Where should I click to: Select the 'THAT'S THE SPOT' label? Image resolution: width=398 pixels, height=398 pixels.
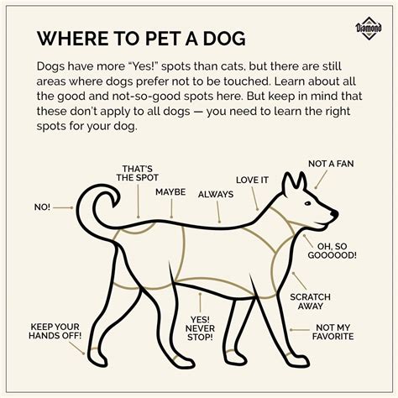tap(136, 172)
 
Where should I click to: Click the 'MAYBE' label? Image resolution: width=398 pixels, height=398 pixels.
tap(170, 192)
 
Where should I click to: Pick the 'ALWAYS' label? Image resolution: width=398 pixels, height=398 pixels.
tap(215, 194)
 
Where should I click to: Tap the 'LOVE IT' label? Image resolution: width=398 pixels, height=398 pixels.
tap(253, 180)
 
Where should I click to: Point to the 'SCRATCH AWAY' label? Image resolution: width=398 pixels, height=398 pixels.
tap(310, 302)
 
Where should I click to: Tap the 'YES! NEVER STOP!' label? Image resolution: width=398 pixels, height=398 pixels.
tap(200, 330)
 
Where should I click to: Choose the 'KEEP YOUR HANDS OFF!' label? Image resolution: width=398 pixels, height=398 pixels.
tap(55, 332)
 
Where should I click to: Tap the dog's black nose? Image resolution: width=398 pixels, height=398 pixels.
tap(334, 215)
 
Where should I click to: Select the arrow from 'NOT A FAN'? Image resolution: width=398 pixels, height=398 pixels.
tap(319, 177)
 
